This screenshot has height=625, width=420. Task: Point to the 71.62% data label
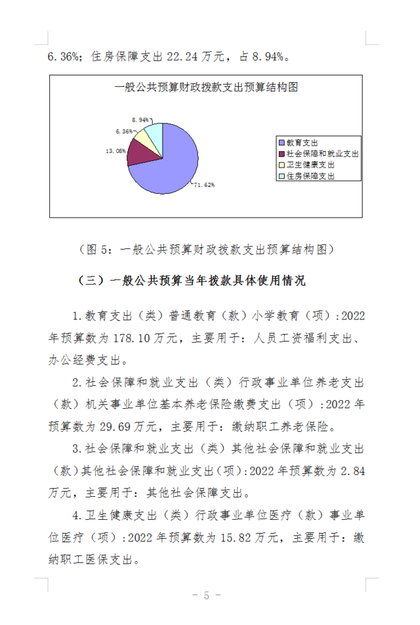[x=204, y=185]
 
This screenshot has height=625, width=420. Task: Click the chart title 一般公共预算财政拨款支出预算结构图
[x=206, y=87]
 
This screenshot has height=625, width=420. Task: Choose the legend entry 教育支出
[x=299, y=142]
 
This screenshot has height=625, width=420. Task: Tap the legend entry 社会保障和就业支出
[x=318, y=154]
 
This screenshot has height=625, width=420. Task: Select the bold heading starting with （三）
[x=192, y=280]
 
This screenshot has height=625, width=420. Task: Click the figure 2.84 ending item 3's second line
[x=351, y=470]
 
